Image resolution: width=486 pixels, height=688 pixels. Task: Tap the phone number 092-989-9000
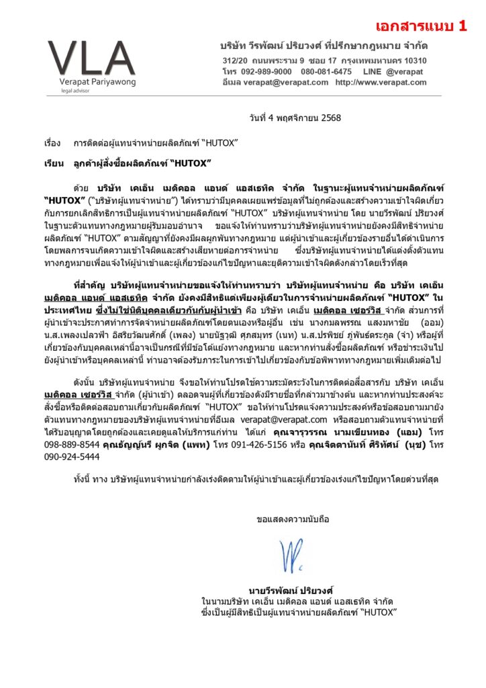pyautogui.click(x=266, y=71)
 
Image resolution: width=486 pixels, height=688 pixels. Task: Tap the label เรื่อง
pyautogui.click(x=52, y=144)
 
